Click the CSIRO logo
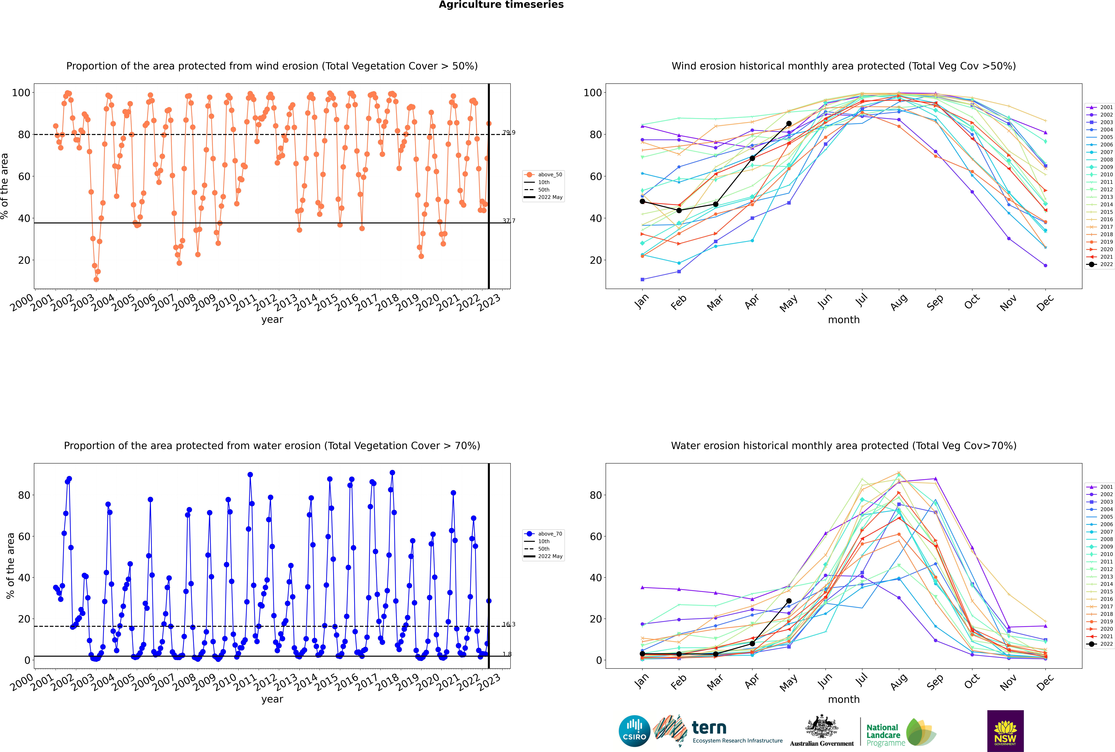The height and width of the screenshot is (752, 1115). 634,731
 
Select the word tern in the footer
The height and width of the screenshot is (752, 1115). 709,728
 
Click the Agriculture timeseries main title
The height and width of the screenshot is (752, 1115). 501,5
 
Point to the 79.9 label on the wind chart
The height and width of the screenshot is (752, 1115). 509,132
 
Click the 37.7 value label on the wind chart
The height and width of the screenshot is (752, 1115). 509,221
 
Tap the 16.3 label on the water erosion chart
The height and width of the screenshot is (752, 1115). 509,624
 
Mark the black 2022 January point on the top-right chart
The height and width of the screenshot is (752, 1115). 642,201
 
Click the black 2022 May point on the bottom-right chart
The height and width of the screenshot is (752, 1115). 789,601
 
